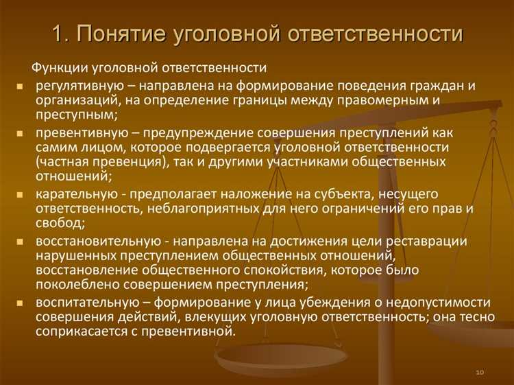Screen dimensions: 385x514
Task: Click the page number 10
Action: tap(479, 371)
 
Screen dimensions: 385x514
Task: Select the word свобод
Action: tap(61, 224)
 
